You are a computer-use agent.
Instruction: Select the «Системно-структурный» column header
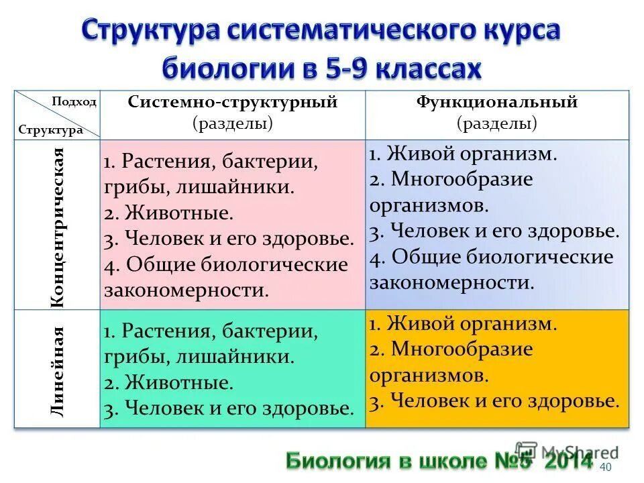point(232,103)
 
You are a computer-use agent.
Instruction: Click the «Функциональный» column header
point(497,103)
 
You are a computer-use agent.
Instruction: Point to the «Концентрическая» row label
point(58,228)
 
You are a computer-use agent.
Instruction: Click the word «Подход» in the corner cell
point(74,103)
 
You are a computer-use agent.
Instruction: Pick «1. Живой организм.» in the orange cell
point(463,324)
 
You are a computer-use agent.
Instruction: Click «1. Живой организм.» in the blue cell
point(463,154)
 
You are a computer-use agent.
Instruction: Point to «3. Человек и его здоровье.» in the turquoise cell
point(229,409)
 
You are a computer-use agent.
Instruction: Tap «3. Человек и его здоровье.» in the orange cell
point(494,401)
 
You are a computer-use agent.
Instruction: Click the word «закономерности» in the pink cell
point(180,290)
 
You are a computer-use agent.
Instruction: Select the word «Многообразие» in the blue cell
point(462,180)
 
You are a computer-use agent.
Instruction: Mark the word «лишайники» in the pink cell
point(235,187)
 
